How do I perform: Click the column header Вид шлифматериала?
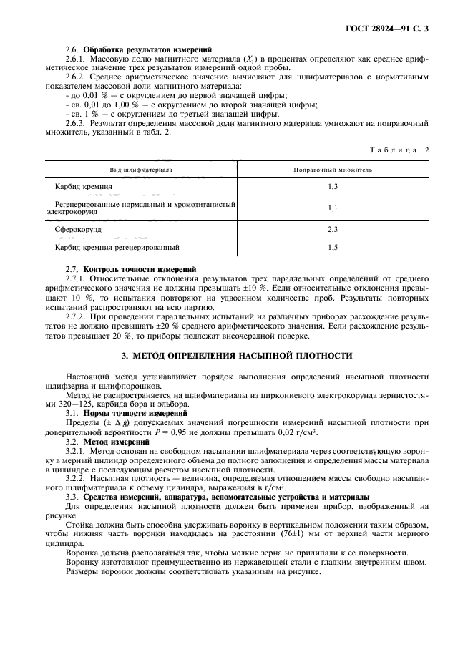(x=141, y=170)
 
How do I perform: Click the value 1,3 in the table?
(x=332, y=186)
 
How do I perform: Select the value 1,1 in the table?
(x=332, y=208)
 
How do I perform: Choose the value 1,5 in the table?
(x=332, y=248)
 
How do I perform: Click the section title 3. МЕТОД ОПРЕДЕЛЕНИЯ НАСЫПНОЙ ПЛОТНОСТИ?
(x=236, y=355)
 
